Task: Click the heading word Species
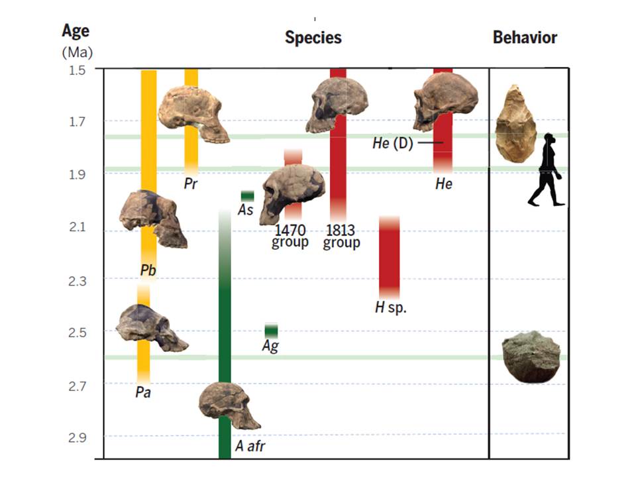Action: [x=313, y=38]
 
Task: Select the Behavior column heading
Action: [x=525, y=38]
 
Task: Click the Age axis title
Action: [x=76, y=31]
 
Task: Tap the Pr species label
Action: [x=191, y=184]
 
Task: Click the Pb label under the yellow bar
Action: [x=148, y=270]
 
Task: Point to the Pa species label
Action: [x=143, y=392]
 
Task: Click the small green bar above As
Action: [x=247, y=195]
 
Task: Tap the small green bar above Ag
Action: [x=271, y=330]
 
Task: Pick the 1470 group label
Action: [x=290, y=237]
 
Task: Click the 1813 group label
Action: [x=341, y=237]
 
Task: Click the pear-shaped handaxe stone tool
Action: [x=515, y=123]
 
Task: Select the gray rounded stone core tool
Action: [x=531, y=356]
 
